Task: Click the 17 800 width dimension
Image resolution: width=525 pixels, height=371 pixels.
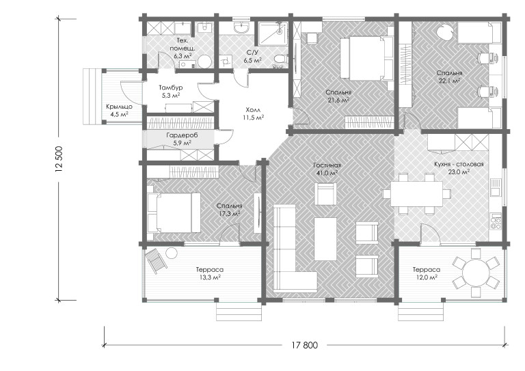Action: click(x=304, y=345)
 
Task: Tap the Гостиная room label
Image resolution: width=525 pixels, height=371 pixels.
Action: click(x=327, y=165)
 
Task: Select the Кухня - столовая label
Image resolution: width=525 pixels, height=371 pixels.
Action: click(x=459, y=165)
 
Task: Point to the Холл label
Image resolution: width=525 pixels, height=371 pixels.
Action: click(x=253, y=110)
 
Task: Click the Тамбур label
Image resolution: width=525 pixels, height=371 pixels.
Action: click(x=171, y=88)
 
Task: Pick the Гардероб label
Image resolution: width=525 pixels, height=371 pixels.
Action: click(x=182, y=135)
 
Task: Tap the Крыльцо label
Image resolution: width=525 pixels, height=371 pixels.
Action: click(x=119, y=107)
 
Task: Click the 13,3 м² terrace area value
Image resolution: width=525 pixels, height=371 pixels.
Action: click(x=210, y=277)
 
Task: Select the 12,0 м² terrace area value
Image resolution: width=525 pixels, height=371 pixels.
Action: click(x=427, y=277)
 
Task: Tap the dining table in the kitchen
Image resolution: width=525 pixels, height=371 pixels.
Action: click(x=416, y=194)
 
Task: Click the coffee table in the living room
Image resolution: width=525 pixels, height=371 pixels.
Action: click(x=325, y=239)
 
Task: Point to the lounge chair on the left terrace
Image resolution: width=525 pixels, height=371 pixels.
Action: click(x=156, y=261)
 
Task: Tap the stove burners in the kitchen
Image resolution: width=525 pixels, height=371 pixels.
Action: click(x=496, y=221)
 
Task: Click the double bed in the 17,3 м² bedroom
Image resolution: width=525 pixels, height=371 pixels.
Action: click(x=174, y=212)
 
